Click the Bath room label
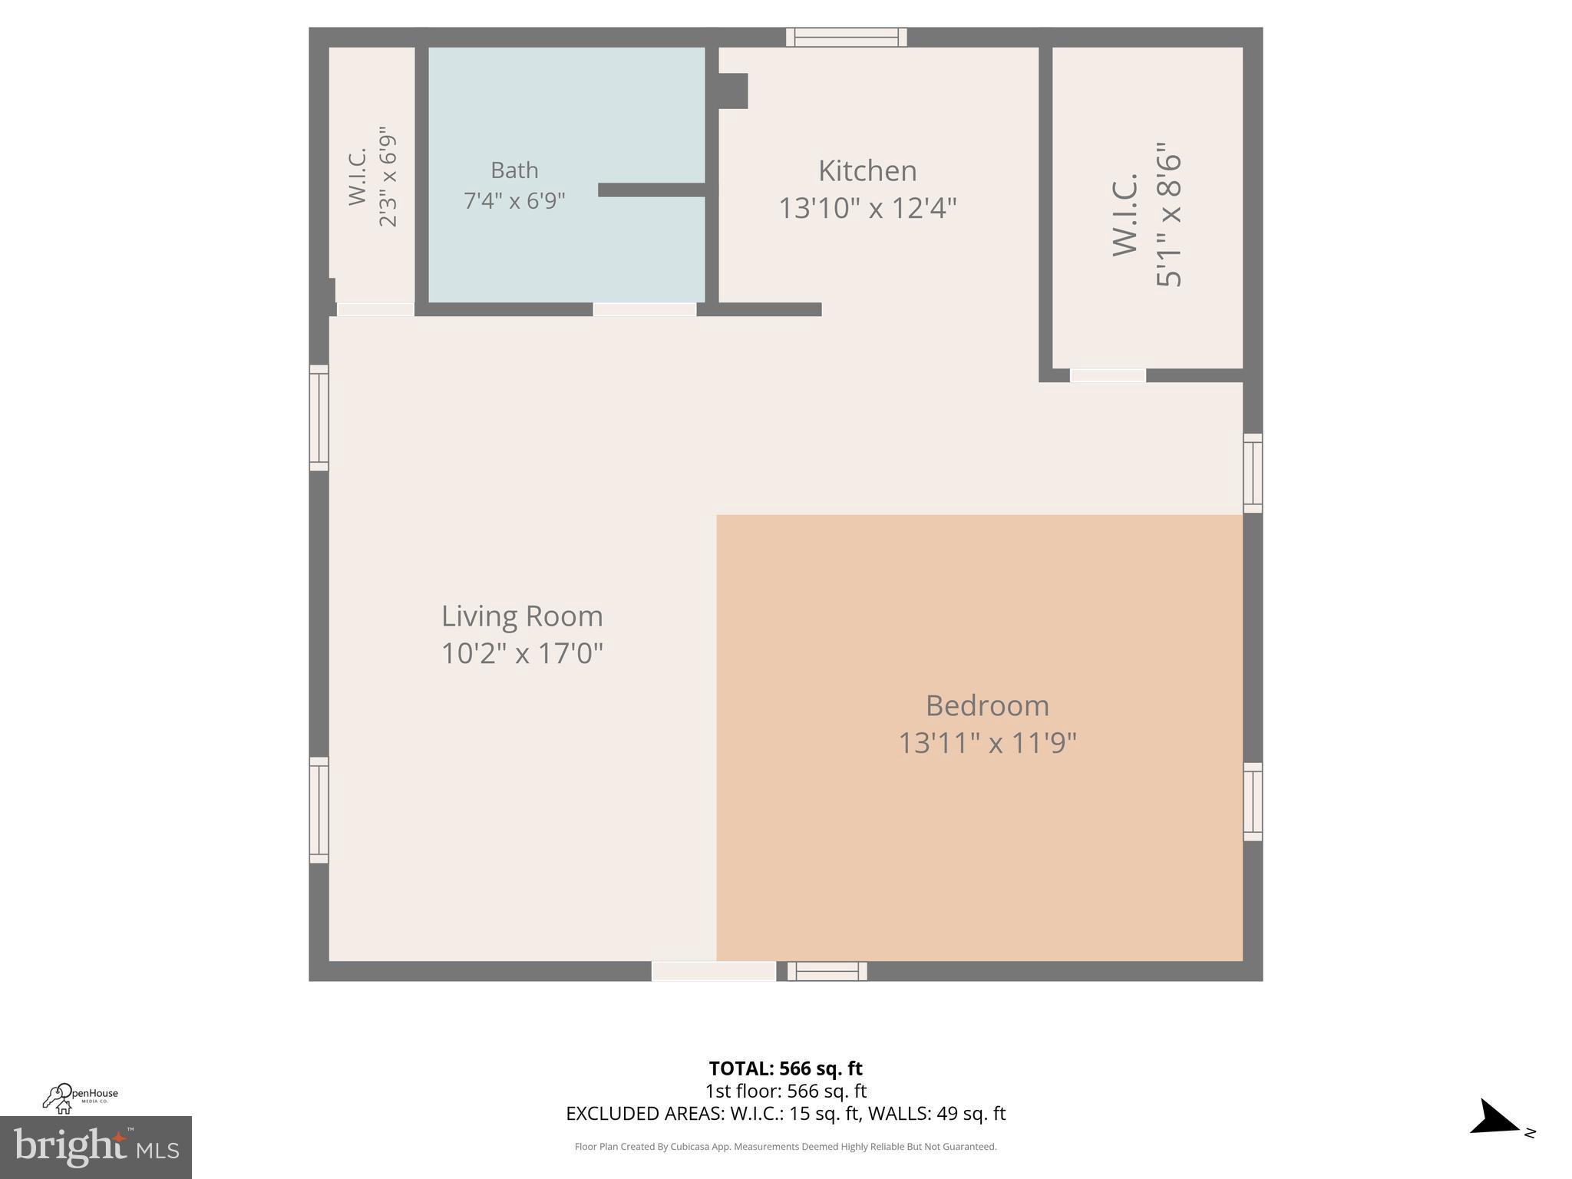coord(514,170)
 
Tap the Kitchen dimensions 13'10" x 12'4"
coord(867,208)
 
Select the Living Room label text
coord(522,616)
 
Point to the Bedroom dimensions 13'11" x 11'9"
coord(987,743)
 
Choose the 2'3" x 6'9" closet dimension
coord(388,177)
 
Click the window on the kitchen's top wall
coord(846,37)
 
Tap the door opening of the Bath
coord(644,309)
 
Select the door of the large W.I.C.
coord(1107,375)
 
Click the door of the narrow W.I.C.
coord(375,309)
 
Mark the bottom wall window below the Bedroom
coord(827,971)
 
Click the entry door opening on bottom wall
coord(713,971)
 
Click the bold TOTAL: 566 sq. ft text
coord(785,1068)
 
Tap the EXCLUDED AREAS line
coord(785,1113)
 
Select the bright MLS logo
coord(95,1148)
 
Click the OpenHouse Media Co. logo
coord(80,1098)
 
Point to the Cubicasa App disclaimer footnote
coord(785,1147)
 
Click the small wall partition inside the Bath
coord(652,190)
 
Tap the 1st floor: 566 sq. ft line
coord(785,1091)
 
